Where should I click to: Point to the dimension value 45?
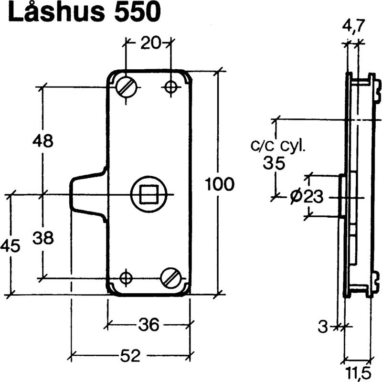(x=10, y=246)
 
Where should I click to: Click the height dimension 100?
(x=219, y=183)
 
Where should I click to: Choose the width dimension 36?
(x=149, y=325)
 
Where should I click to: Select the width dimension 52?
(x=129, y=356)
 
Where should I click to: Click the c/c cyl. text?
(x=278, y=145)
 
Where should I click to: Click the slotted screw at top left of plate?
(x=127, y=86)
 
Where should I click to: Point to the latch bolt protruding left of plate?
(x=86, y=194)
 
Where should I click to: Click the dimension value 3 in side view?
(x=324, y=327)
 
